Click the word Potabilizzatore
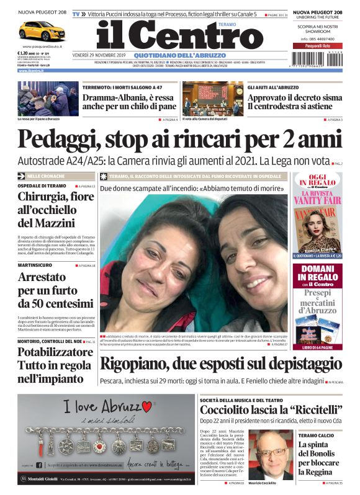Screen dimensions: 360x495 [55, 352]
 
